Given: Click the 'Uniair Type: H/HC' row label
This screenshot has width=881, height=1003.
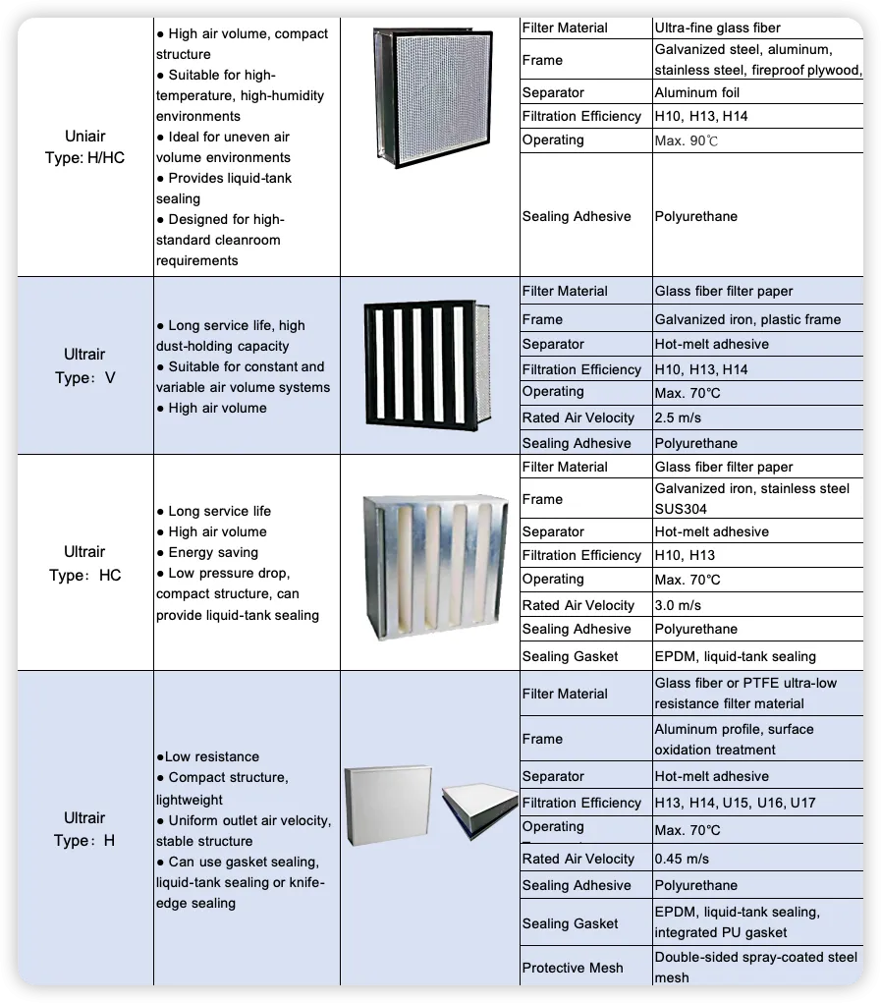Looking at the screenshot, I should tap(84, 146).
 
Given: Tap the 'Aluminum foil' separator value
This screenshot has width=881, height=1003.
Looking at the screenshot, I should tap(697, 92).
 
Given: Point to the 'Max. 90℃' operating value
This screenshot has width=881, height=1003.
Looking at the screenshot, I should tap(687, 140).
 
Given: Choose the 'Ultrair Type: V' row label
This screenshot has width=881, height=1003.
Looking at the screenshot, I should tap(84, 365).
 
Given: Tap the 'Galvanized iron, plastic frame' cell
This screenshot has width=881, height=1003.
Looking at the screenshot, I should tap(747, 319).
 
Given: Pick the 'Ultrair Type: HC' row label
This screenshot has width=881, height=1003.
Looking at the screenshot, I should tap(84, 563).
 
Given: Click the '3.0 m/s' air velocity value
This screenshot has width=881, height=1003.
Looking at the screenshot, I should tap(679, 605).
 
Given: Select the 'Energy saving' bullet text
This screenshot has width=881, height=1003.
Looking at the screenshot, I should tap(213, 552).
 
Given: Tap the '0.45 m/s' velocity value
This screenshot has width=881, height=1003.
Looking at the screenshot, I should tap(682, 859).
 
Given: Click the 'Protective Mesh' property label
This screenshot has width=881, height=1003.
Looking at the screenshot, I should tap(573, 968).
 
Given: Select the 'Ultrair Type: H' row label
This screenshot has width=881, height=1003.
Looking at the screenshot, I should tap(84, 829).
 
